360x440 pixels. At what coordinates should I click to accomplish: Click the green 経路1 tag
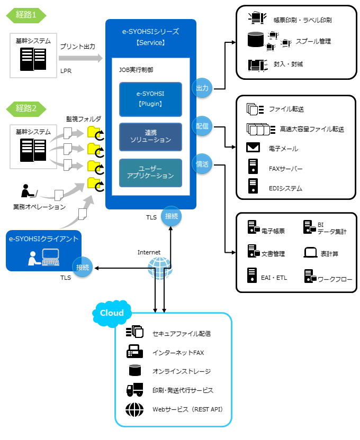click(x=26, y=15)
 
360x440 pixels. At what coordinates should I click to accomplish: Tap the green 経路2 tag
click(x=26, y=108)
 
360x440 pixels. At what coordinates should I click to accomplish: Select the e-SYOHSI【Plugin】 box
click(x=151, y=99)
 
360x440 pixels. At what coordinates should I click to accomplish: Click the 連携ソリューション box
click(x=151, y=136)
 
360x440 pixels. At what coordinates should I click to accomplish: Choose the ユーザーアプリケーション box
click(x=151, y=172)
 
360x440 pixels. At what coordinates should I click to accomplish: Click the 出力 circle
click(x=202, y=87)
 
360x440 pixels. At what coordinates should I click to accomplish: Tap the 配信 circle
click(x=202, y=126)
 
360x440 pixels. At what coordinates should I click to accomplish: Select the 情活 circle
click(x=202, y=164)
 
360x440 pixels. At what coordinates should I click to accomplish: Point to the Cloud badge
click(x=112, y=313)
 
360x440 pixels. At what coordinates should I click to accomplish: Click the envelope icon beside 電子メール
click(x=253, y=148)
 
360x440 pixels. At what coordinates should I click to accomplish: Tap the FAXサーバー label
click(x=285, y=169)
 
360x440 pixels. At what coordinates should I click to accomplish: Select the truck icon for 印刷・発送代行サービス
click(x=134, y=390)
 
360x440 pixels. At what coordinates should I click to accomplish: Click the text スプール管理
click(x=313, y=41)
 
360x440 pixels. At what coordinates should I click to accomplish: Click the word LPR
click(x=66, y=70)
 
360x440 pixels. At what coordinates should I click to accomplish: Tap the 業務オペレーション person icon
click(x=27, y=191)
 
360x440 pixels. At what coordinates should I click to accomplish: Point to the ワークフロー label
click(x=335, y=278)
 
